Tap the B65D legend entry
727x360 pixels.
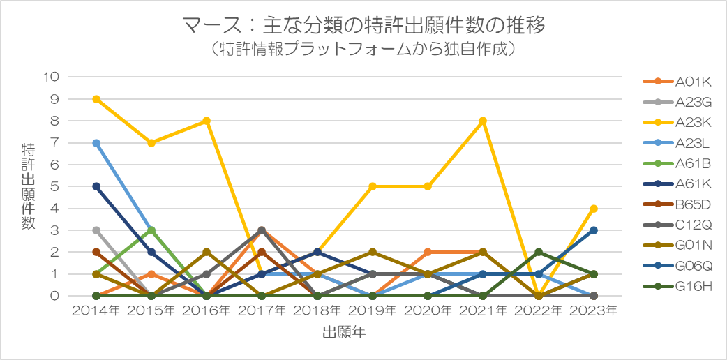[x=677, y=204]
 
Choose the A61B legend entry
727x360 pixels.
[x=677, y=164]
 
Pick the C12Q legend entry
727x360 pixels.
[x=677, y=225]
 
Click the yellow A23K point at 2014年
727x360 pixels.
[x=96, y=99]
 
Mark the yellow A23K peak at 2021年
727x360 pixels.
[x=483, y=121]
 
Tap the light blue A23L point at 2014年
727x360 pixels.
[x=96, y=143]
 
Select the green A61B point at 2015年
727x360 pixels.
[x=151, y=230]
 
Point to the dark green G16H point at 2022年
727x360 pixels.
[x=539, y=253]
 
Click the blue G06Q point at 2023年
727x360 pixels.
[x=594, y=230]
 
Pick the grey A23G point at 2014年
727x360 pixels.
[x=96, y=230]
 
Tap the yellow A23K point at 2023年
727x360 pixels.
[x=594, y=209]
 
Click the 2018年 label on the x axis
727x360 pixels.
[x=317, y=311]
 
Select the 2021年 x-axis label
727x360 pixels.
[x=483, y=311]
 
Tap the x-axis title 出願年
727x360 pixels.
[x=345, y=332]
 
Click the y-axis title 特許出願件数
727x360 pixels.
[x=29, y=186]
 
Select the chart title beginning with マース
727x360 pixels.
[x=363, y=26]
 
